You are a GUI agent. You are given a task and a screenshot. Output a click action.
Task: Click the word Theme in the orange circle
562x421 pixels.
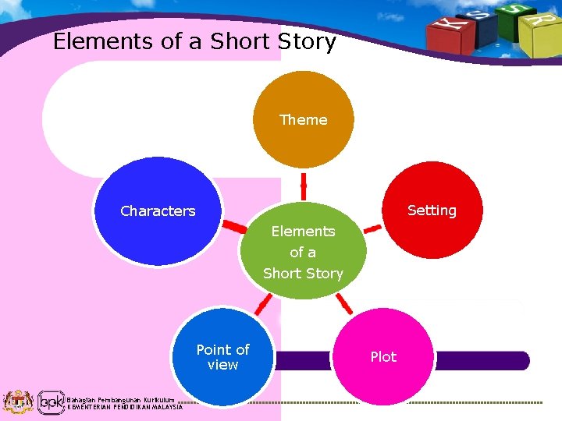(304, 120)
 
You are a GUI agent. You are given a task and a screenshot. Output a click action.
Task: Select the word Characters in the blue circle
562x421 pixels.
(158, 211)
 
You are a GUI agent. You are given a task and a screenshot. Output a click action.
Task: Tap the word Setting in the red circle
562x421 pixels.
(432, 210)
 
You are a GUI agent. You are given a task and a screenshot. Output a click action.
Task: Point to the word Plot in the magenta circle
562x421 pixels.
(383, 357)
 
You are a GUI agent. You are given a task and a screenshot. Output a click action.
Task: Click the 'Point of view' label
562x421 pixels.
(222, 357)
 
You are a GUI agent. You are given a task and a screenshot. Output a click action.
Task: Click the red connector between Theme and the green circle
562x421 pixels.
(304, 187)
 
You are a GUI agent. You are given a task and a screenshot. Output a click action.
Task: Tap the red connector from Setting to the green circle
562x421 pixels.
(372, 228)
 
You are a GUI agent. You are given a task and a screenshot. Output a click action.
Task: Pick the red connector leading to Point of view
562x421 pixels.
(265, 303)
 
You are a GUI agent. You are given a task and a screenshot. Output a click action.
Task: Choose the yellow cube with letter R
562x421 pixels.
(538, 31)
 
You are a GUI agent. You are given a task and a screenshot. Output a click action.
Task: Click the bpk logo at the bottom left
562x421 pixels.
(51, 402)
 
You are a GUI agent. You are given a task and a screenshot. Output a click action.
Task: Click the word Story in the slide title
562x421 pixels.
(307, 41)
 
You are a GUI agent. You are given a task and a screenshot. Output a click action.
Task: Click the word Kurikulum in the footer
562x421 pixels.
(156, 399)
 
